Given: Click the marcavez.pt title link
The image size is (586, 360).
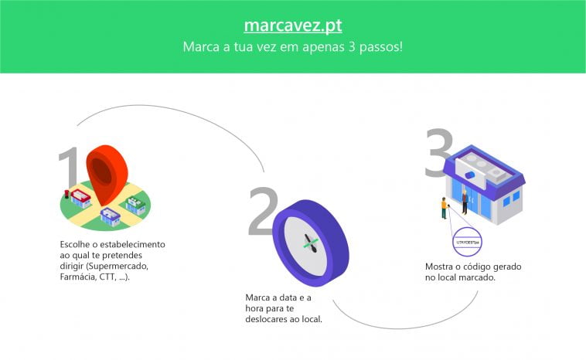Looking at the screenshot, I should point(293,25).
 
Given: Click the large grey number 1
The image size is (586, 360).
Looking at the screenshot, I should point(69,174).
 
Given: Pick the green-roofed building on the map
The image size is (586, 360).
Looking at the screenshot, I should point(136,202).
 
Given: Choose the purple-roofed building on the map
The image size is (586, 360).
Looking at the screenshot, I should point(109,216).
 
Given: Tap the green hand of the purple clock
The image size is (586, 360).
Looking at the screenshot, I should point(310,244).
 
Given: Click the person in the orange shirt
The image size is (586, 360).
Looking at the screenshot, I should point(444,208).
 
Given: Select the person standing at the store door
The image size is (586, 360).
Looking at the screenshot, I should point(465,201).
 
